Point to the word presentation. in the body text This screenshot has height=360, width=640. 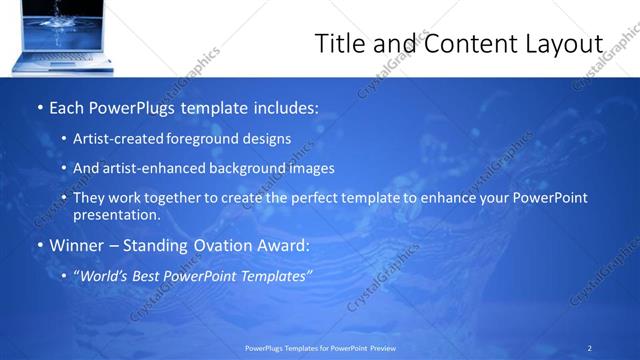pyautogui.click(x=115, y=214)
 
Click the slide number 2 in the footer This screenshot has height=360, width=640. pyautogui.click(x=590, y=347)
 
